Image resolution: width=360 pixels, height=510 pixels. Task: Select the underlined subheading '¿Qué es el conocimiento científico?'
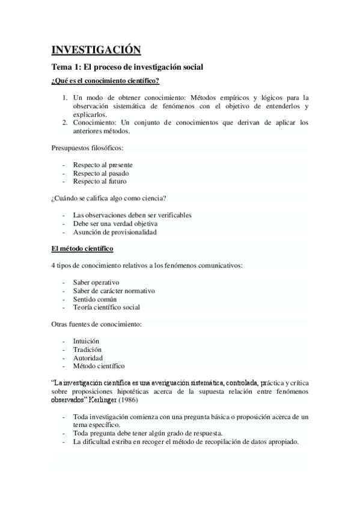point(105,81)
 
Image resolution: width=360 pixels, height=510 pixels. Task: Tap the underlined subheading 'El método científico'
point(82,248)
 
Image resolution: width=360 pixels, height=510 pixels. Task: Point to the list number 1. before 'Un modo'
point(66,97)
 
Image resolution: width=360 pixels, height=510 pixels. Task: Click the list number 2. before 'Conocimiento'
point(66,122)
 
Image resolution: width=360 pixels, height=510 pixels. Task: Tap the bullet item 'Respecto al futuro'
point(100,181)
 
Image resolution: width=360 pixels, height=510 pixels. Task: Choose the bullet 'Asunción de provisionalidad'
point(114,232)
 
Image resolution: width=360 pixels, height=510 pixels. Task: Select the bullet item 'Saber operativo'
point(96,282)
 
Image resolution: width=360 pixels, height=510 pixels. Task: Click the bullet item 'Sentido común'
point(95,299)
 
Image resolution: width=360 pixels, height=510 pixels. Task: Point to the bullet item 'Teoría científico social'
point(106,307)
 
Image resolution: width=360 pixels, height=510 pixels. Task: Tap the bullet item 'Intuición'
point(87,341)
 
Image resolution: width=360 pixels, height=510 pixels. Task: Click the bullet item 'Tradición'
point(87,349)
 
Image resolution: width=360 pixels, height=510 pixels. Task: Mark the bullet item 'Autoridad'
point(88,358)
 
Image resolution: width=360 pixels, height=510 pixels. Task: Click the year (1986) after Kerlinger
point(132,400)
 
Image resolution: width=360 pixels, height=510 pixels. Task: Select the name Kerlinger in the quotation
point(104,400)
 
